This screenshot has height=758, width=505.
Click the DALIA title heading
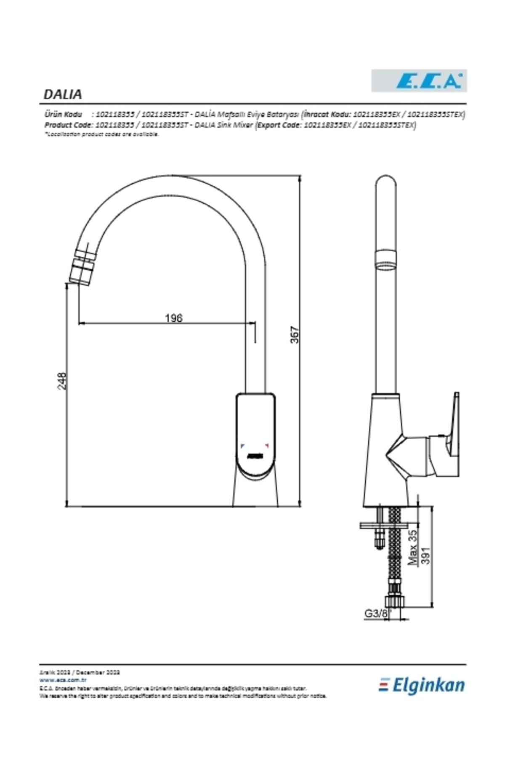click(63, 94)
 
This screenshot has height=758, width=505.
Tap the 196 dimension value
click(173, 318)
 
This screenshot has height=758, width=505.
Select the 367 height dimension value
click(295, 334)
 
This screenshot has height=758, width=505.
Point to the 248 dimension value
click(62, 381)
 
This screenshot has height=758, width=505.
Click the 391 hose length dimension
click(426, 556)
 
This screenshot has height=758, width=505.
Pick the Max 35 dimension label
click(413, 547)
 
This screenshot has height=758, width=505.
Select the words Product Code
click(69, 125)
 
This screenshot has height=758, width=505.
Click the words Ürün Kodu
click(63, 114)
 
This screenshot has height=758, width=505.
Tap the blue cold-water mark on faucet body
click(242, 445)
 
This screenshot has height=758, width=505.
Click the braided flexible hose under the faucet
click(395, 547)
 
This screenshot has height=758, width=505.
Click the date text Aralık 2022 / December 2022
click(80, 673)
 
